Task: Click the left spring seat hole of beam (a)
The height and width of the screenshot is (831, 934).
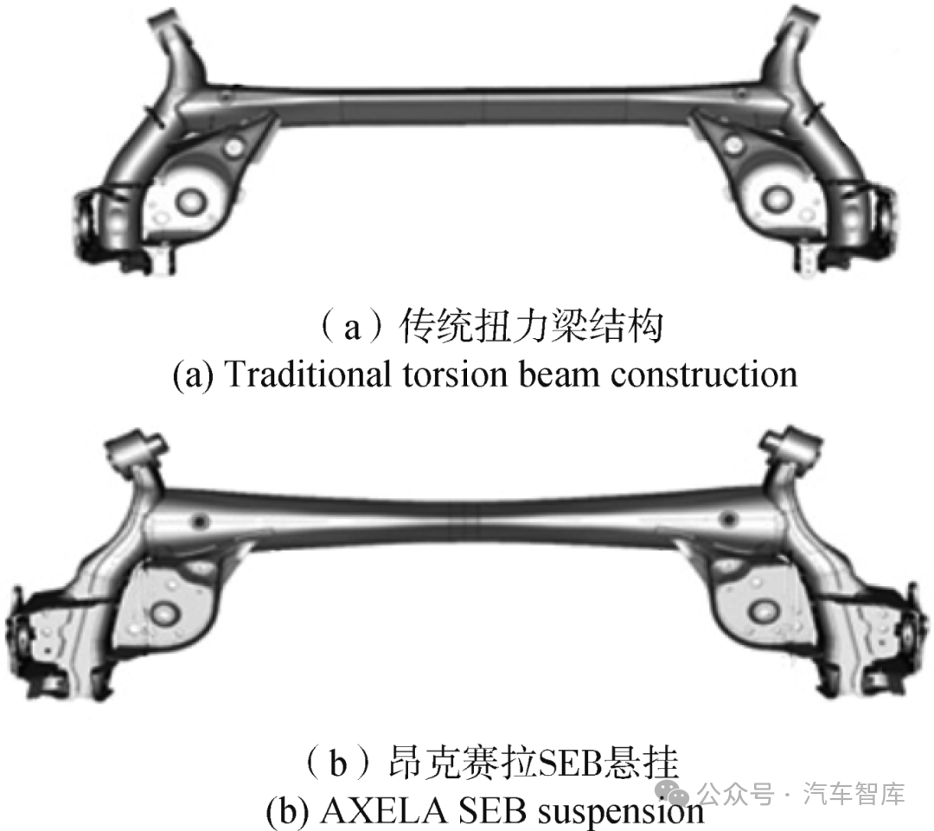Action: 188,201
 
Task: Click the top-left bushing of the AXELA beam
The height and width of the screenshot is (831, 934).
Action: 138,449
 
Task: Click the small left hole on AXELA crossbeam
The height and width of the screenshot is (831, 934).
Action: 202,521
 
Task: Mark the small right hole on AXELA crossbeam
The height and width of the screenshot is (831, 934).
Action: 729,520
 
